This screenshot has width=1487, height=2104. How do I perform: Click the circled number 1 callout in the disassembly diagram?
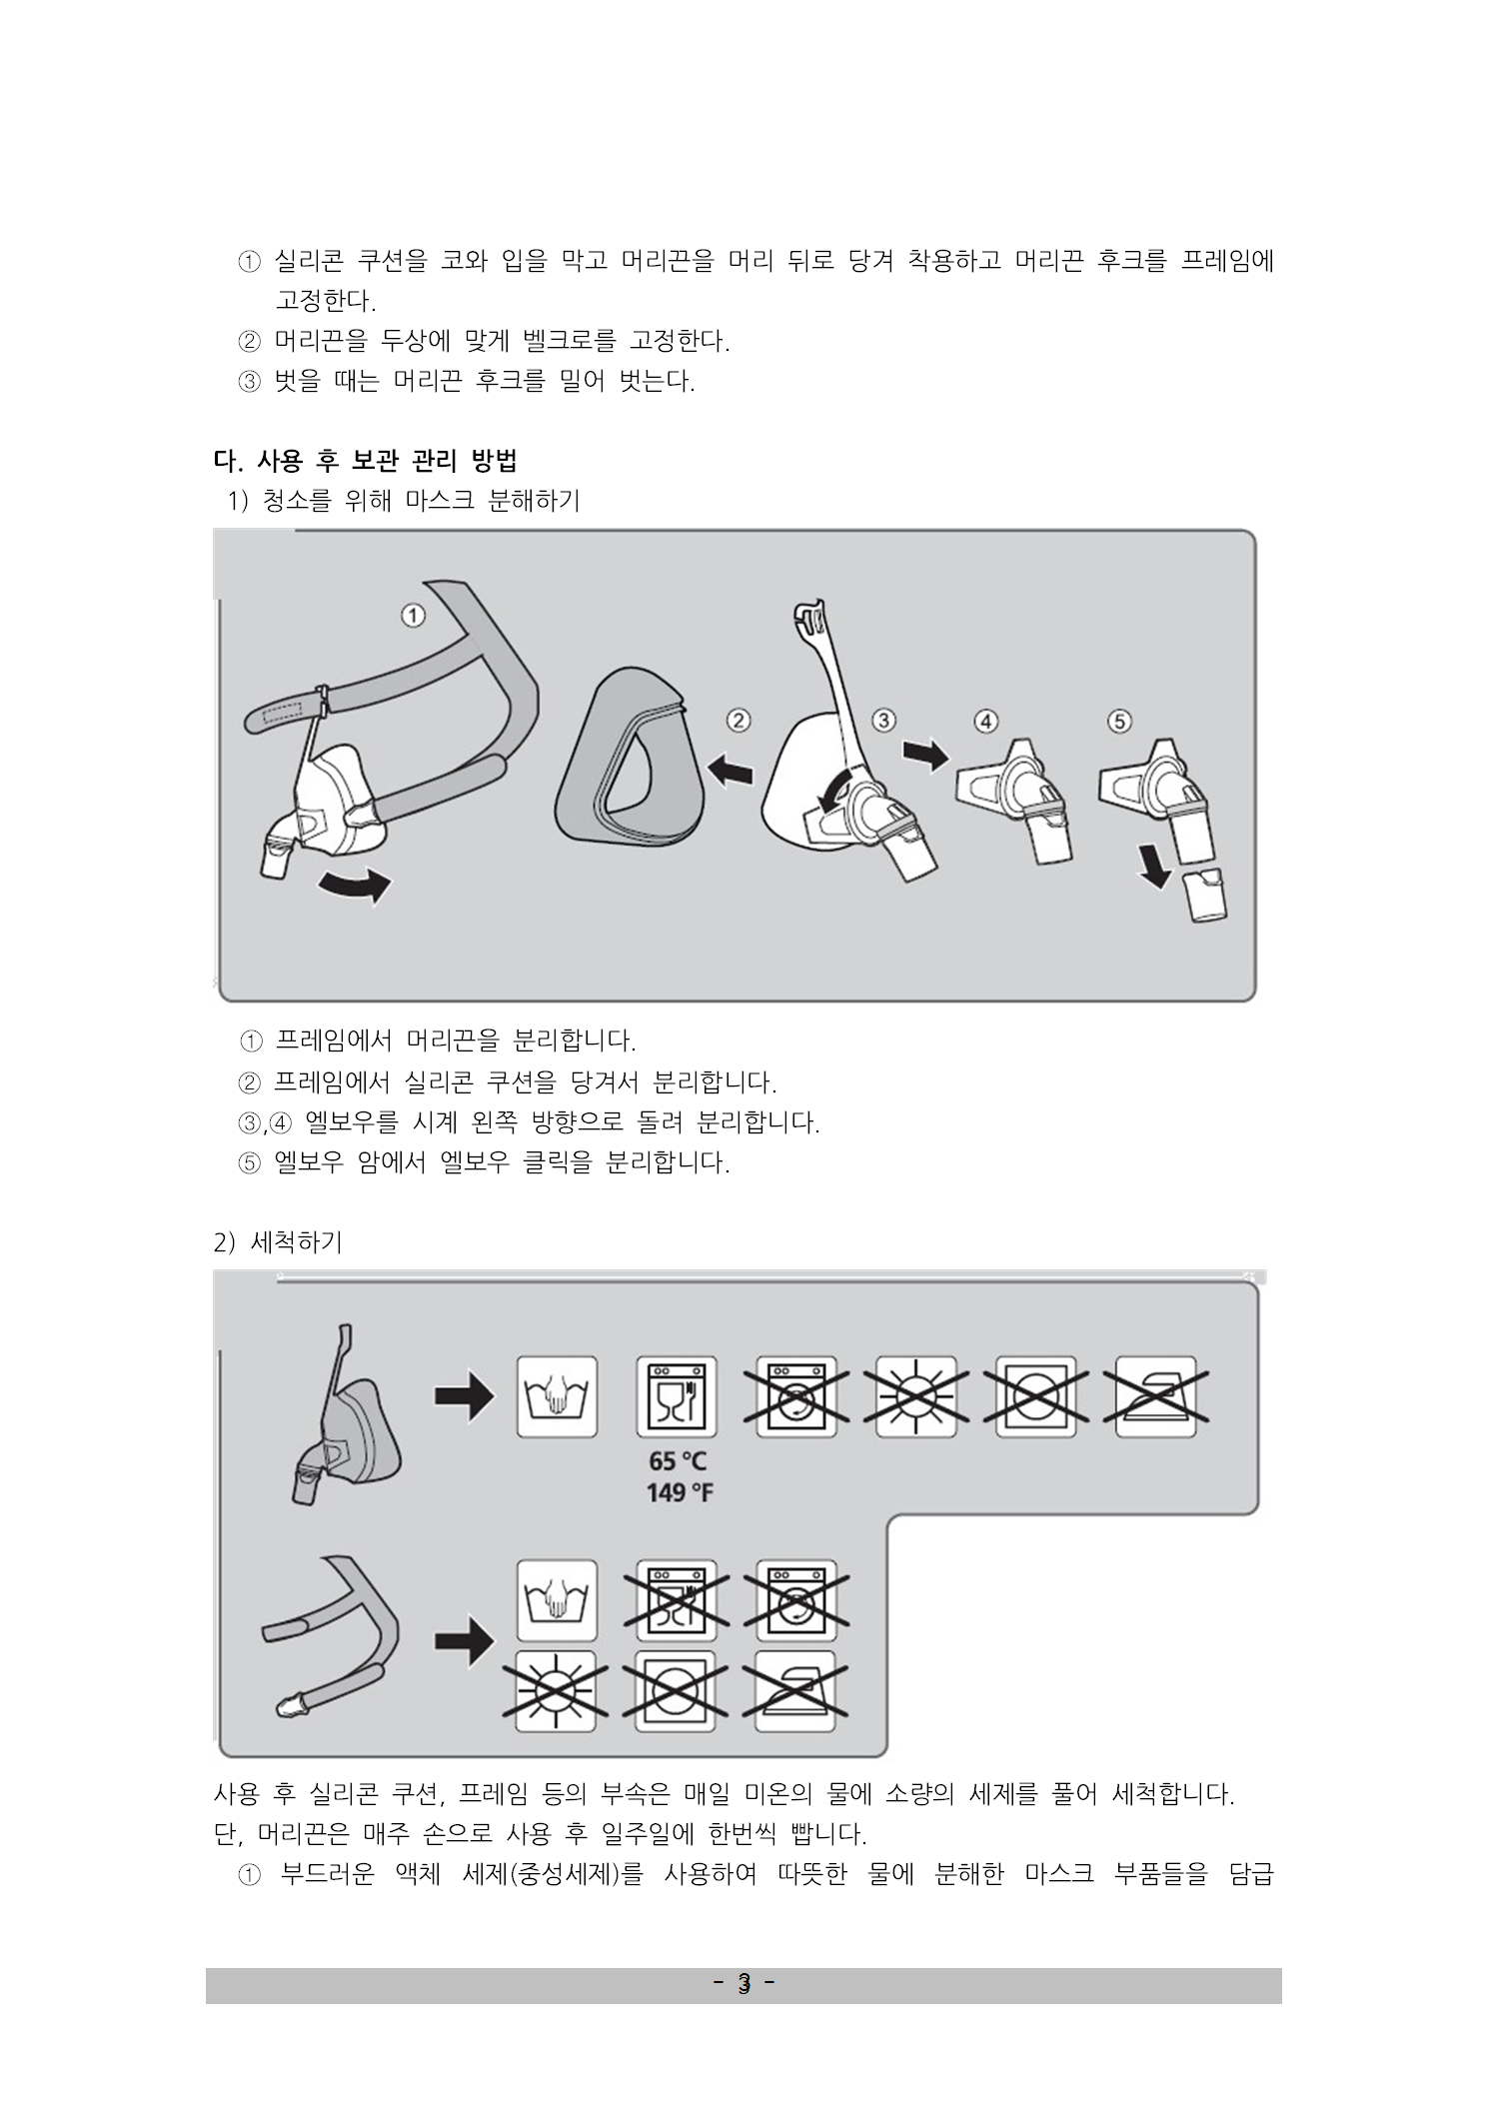click(x=413, y=615)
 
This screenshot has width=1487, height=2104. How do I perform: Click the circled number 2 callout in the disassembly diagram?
click(x=740, y=720)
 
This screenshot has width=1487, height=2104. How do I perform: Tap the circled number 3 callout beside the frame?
click(x=883, y=720)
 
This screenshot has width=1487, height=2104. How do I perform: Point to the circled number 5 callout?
click(x=1119, y=720)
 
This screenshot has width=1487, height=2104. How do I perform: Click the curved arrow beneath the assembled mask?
click(x=356, y=884)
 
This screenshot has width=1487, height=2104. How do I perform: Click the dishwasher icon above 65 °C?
click(x=677, y=1396)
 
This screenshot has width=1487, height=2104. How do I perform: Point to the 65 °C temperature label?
click(x=678, y=1460)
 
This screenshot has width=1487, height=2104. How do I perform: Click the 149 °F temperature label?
click(x=680, y=1492)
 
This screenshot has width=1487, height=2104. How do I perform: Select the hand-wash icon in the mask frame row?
click(x=557, y=1396)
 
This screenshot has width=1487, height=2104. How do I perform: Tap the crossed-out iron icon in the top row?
click(x=1156, y=1396)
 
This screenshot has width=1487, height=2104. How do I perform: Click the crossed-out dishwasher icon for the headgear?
click(x=677, y=1600)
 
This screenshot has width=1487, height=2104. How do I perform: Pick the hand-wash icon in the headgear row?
click(x=557, y=1600)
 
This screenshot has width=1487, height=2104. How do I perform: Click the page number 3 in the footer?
click(x=743, y=1984)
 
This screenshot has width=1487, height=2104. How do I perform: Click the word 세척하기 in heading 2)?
click(x=297, y=1242)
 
